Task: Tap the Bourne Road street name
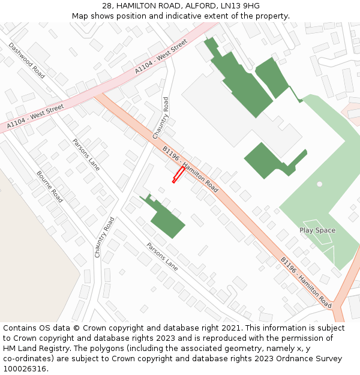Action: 50,187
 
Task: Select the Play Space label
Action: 317,230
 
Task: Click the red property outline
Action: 178,175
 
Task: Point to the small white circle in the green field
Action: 320,184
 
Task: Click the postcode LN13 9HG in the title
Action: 239,6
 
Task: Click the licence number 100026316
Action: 24,369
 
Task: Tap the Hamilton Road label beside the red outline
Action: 190,169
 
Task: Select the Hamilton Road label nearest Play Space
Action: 306,283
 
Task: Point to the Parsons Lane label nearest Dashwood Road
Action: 85,155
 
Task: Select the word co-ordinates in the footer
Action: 28,359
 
